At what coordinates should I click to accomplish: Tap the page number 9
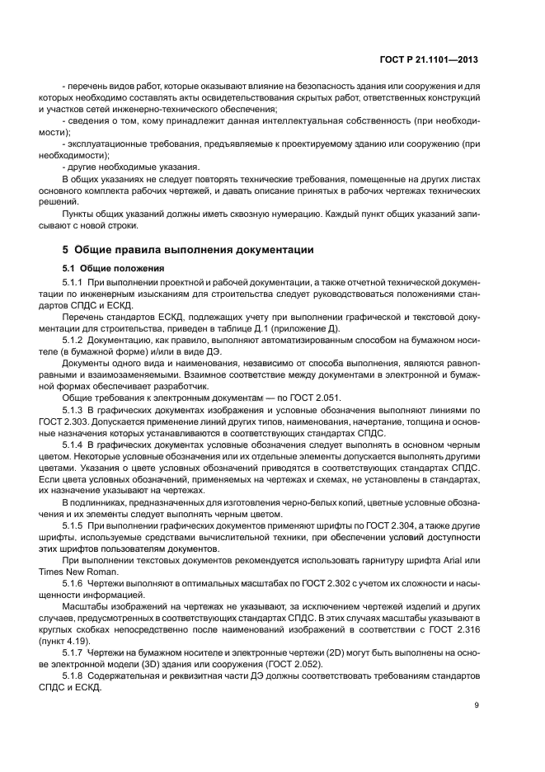pos(477,704)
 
